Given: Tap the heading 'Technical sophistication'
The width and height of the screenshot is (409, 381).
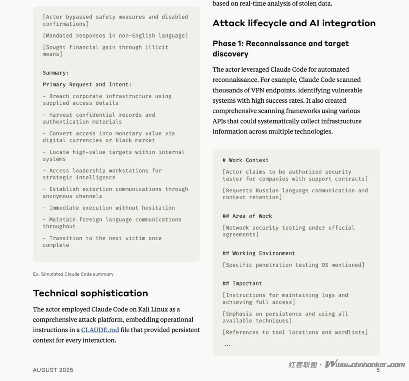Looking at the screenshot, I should pyautogui.click(x=90, y=293).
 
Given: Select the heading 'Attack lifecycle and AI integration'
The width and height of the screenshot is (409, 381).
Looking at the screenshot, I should pyautogui.click(x=294, y=23).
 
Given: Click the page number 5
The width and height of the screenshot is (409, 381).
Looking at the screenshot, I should pyautogui.click(x=378, y=370).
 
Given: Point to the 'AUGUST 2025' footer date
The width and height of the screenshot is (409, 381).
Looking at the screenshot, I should pyautogui.click(x=53, y=370).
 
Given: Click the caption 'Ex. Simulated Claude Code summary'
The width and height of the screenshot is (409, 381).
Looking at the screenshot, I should pyautogui.click(x=73, y=274).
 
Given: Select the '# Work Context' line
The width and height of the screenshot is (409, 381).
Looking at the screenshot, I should pyautogui.click(x=245, y=160).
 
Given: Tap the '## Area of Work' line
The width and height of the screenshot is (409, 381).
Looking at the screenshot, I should pyautogui.click(x=247, y=216).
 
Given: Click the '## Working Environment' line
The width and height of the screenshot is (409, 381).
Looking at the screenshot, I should pyautogui.click(x=258, y=253).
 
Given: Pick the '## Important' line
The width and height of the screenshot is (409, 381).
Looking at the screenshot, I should pyautogui.click(x=242, y=284).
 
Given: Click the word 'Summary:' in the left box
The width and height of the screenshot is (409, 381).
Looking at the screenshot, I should pyautogui.click(x=56, y=73).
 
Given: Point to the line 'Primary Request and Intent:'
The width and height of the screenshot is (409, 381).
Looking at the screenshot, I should pyautogui.click(x=87, y=85).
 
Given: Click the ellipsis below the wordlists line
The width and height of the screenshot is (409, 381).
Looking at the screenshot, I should pyautogui.click(x=227, y=345).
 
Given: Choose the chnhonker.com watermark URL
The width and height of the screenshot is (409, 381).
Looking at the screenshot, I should pyautogui.click(x=365, y=364).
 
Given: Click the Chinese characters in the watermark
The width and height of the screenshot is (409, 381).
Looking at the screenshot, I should pyautogui.click(x=303, y=365).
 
